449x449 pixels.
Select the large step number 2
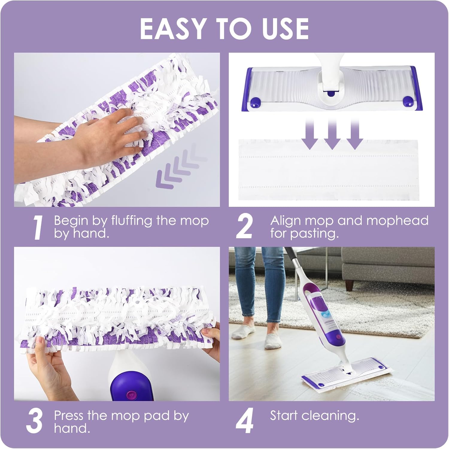tap(244, 227)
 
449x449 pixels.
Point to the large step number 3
tap(34, 421)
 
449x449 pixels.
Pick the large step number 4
tap(245, 421)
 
